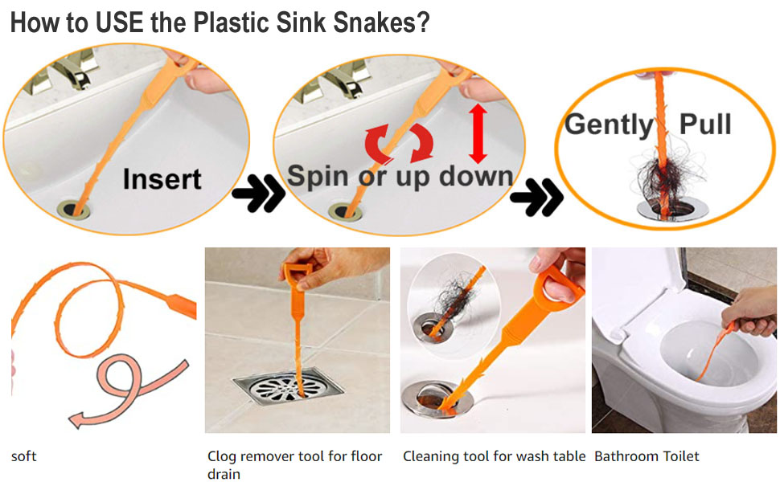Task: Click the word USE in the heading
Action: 117,22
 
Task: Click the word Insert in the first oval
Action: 162,179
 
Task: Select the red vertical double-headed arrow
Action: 478,133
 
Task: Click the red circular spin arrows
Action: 400,145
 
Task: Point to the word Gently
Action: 609,125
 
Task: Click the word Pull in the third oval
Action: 705,125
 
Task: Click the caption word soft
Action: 23,456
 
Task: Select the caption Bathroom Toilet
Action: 647,456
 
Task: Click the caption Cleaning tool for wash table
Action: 494,456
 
